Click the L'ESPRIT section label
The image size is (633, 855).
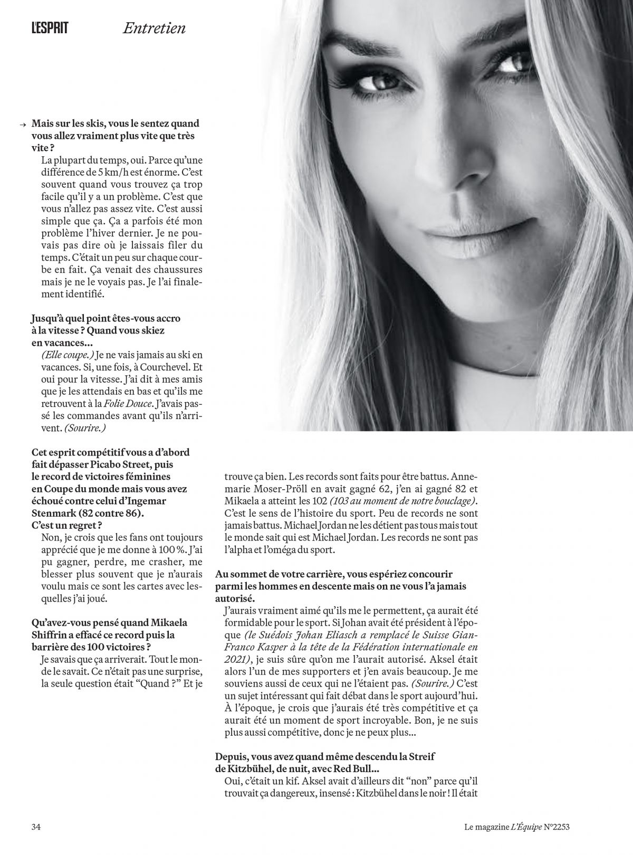(x=50, y=28)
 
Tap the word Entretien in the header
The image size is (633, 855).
(x=154, y=28)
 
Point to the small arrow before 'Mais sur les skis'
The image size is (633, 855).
(x=22, y=125)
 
